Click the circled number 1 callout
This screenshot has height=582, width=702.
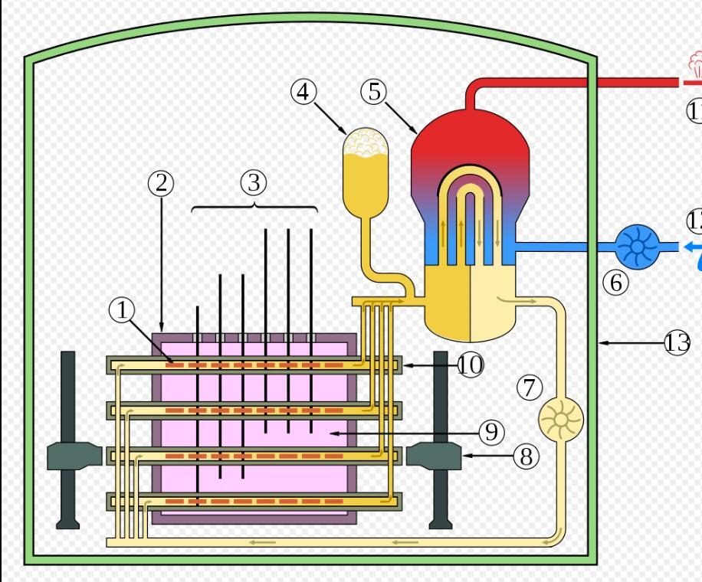(122, 311)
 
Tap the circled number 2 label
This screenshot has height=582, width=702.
(161, 183)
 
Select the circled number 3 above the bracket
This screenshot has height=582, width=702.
(254, 183)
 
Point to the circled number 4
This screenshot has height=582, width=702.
(303, 92)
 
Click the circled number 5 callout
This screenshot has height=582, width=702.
(373, 92)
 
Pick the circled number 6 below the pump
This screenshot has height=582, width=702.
(615, 283)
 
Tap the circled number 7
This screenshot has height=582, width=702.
(530, 387)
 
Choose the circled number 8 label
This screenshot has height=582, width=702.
(526, 457)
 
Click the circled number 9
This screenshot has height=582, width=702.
(492, 433)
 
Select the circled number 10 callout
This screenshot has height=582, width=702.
(471, 366)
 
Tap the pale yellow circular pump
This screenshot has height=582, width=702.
(562, 420)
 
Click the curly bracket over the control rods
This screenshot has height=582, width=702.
(254, 207)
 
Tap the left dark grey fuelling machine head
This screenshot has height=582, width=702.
(74, 456)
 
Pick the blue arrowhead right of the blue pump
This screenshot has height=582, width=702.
(692, 247)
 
